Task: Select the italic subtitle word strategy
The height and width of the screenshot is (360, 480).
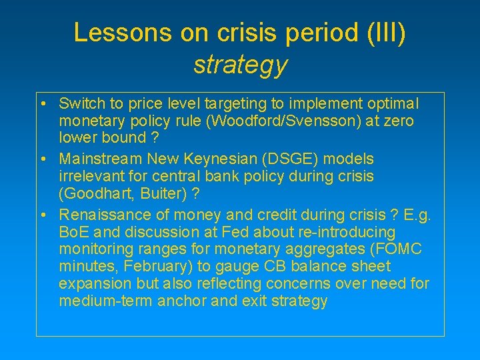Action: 240,64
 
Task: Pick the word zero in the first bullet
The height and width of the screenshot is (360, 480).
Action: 399,121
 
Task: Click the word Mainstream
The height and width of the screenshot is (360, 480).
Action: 97,159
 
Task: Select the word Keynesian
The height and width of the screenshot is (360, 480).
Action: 205,159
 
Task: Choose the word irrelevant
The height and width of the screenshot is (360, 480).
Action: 91,175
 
